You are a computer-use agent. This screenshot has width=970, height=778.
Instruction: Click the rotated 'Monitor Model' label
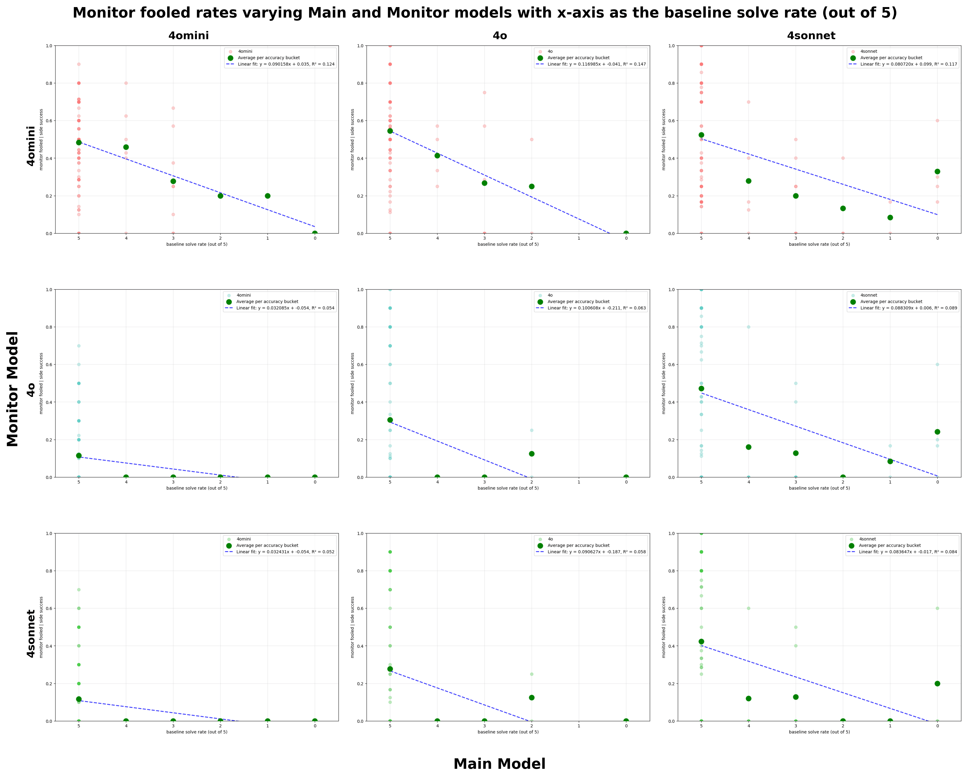point(13,389)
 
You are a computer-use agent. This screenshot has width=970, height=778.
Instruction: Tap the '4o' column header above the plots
point(500,36)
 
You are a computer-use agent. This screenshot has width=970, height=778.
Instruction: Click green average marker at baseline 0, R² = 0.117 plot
point(937,171)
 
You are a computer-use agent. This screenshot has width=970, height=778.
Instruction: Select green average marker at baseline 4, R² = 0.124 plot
point(126,147)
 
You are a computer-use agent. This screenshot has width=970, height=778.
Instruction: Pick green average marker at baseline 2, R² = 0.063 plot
point(531,454)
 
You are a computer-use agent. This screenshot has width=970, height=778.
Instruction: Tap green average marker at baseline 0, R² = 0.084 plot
point(937,683)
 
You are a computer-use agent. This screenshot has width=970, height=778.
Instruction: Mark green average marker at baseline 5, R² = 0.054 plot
point(79,456)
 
